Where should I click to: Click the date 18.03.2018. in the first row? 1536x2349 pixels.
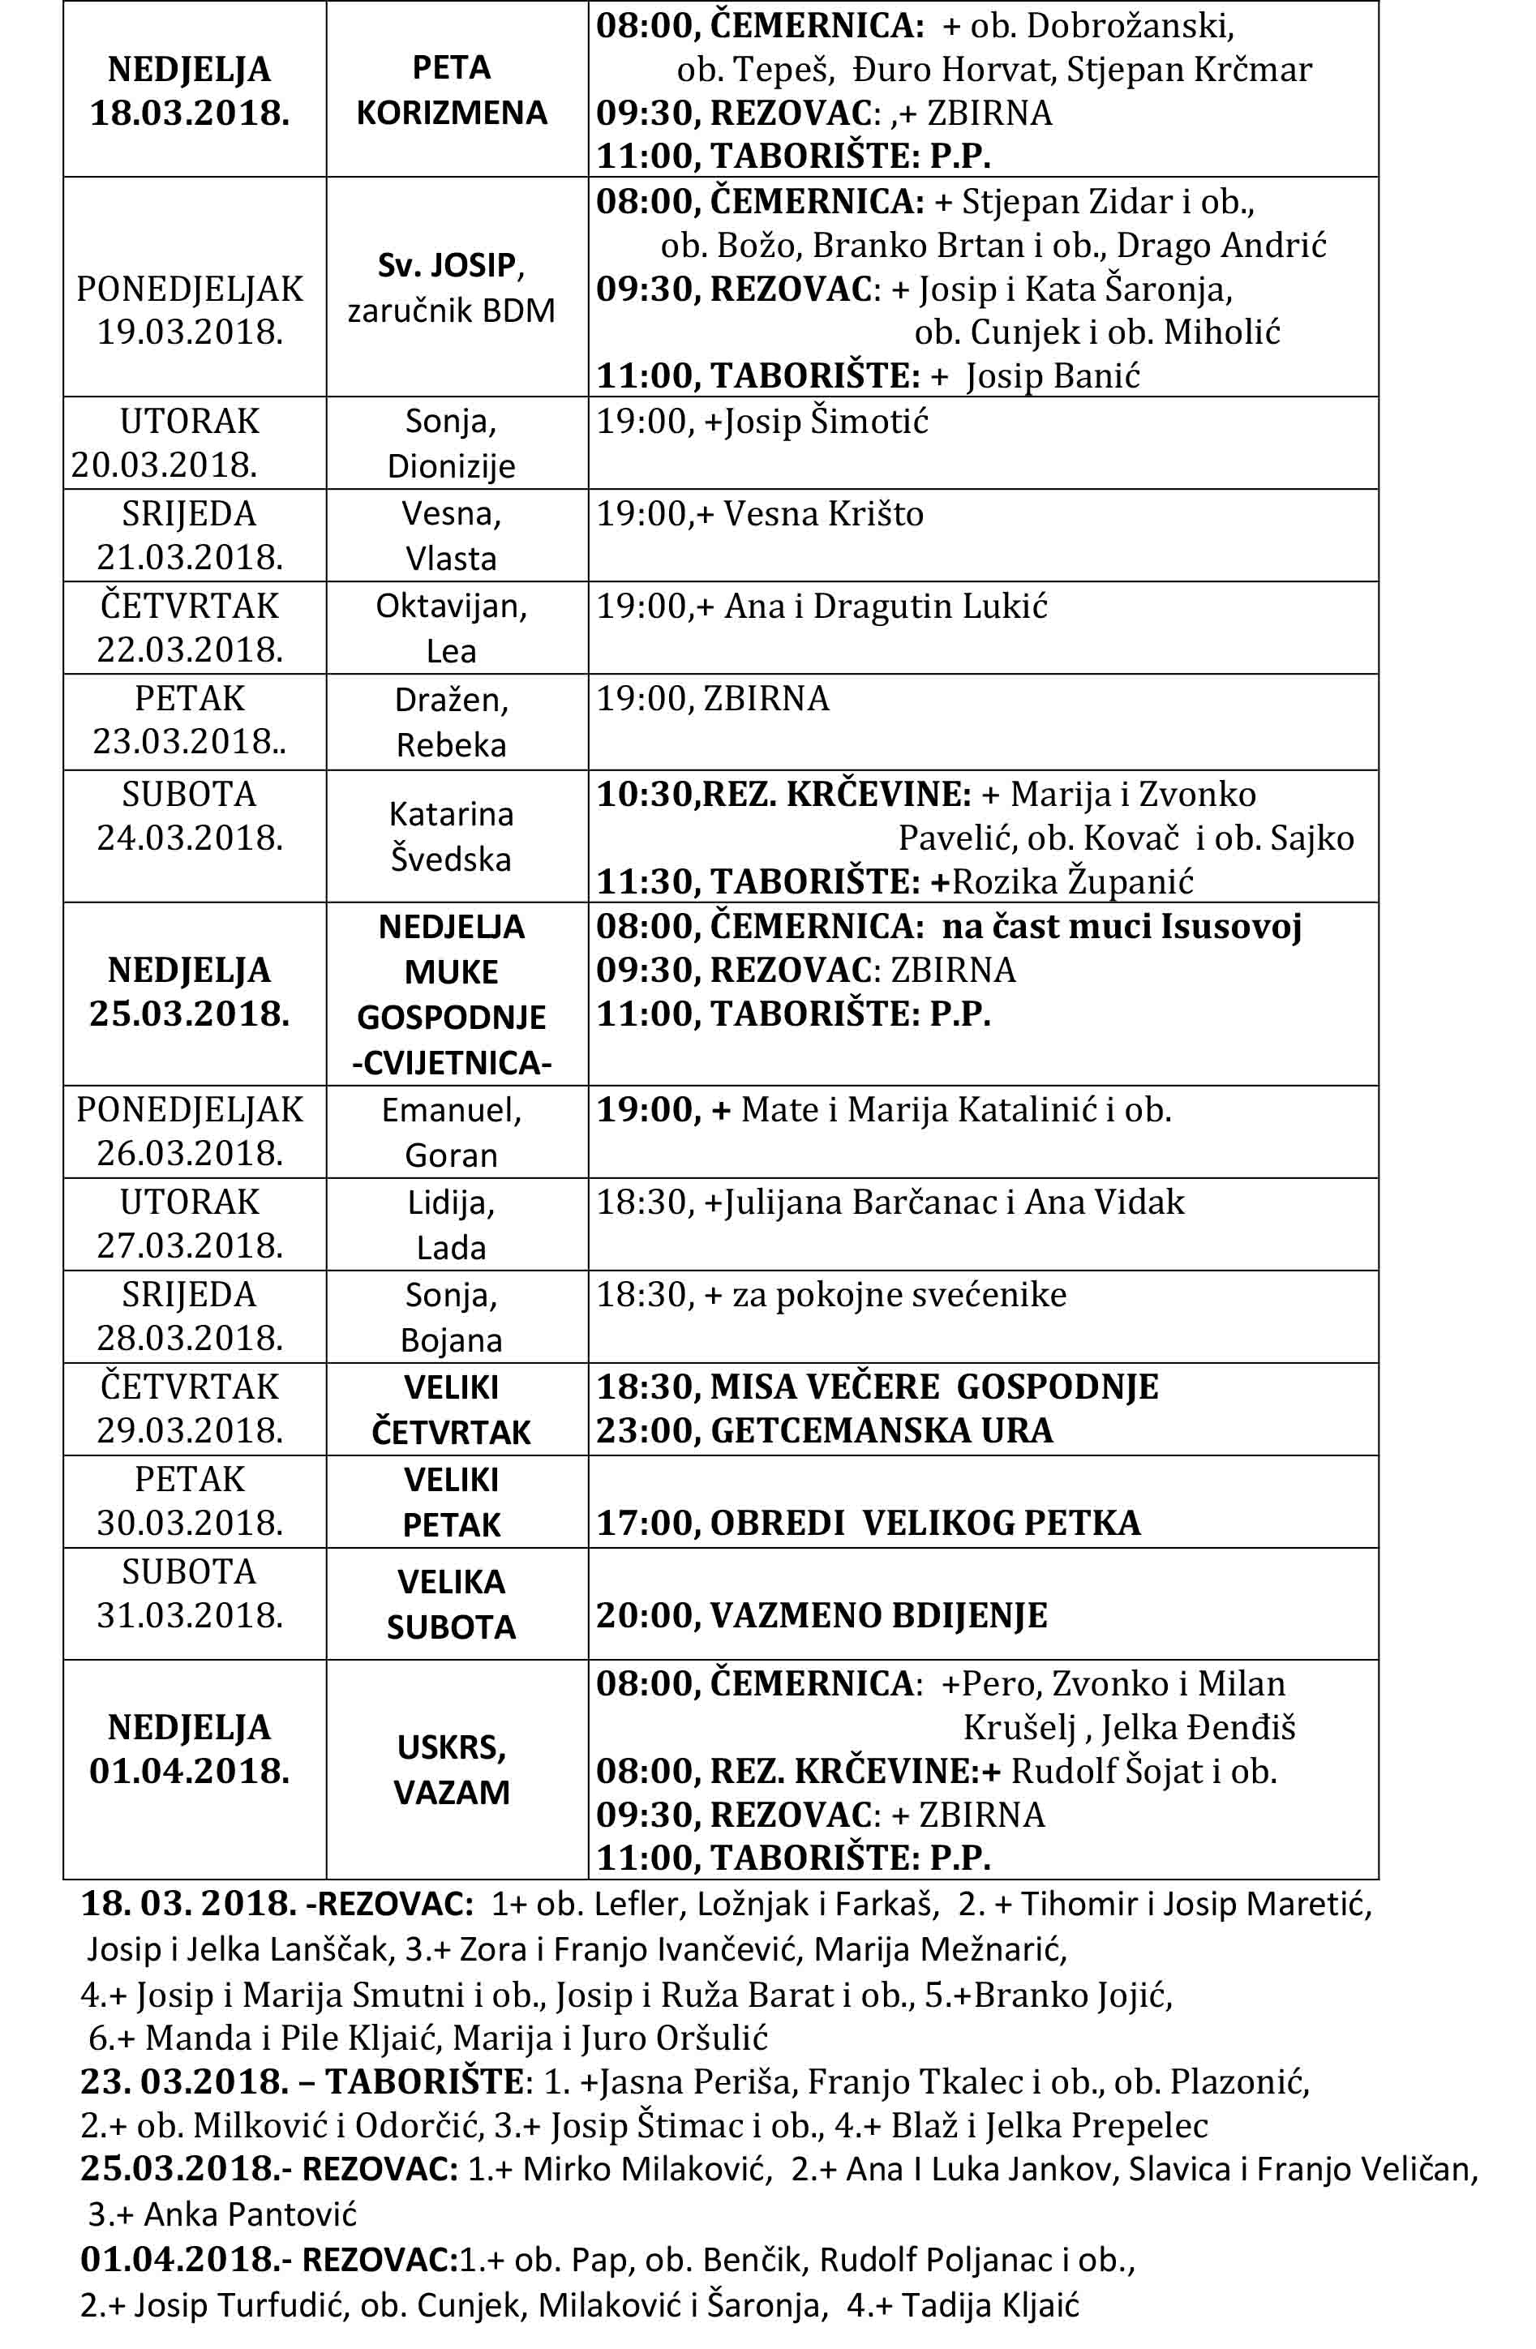coord(190,113)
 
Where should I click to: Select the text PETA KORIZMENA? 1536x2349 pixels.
coord(451,90)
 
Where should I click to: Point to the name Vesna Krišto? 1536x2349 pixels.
coord(823,514)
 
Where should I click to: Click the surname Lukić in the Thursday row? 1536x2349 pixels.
coord(1007,606)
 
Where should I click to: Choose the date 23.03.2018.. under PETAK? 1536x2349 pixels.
coord(190,741)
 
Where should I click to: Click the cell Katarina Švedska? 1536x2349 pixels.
coord(451,836)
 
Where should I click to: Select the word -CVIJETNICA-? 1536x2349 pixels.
coord(451,1063)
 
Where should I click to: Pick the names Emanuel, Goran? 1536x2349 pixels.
coord(451,1132)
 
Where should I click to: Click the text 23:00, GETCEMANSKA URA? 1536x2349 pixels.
coord(824,1430)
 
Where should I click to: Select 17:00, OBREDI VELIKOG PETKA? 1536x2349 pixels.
coord(868,1523)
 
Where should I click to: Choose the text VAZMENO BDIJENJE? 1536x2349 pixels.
coord(878,1616)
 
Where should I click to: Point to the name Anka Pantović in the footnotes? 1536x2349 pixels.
coord(250,2214)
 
